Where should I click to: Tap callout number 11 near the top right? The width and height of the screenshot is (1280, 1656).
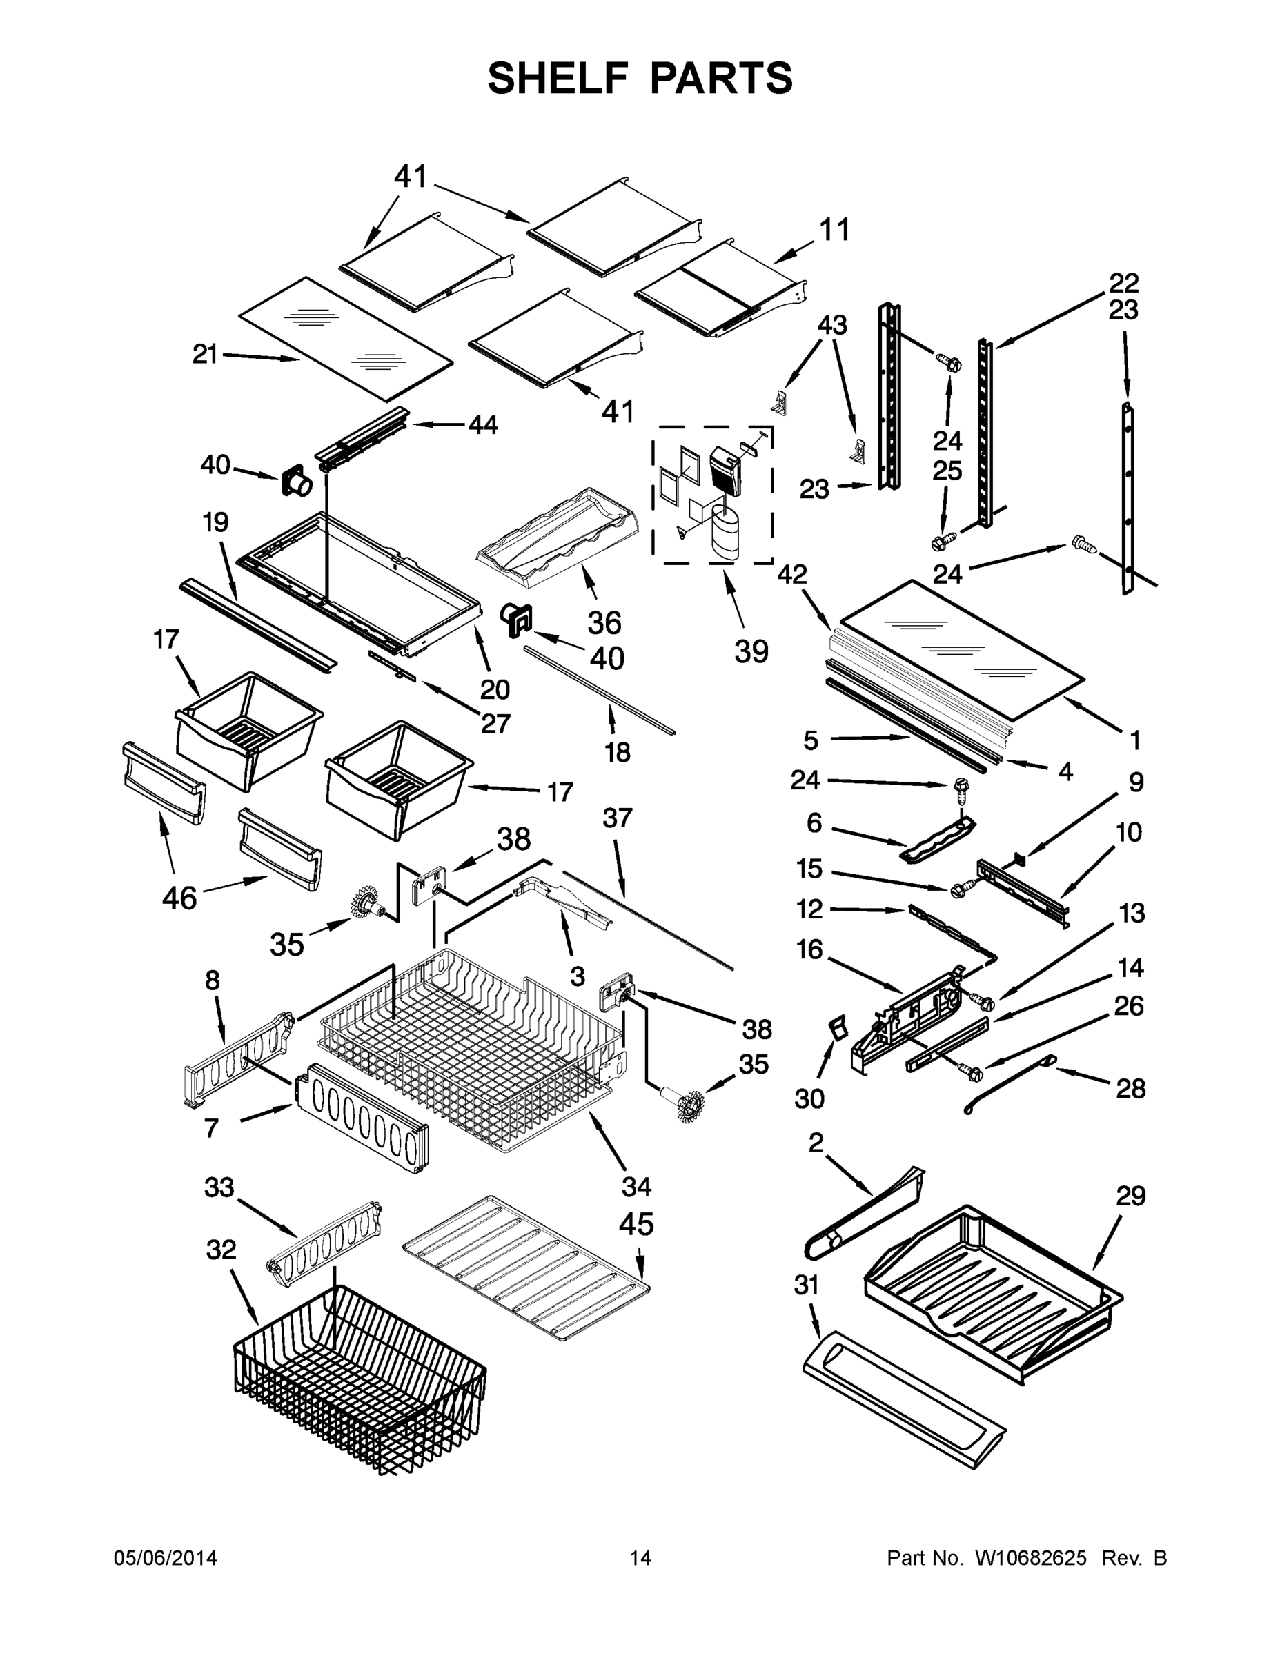point(835,230)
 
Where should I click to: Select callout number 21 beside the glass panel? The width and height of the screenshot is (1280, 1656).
point(205,354)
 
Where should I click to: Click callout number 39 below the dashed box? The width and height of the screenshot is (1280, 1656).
point(751,651)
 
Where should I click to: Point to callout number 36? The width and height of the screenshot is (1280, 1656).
point(604,622)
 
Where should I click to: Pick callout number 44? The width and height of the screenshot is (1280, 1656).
point(482,424)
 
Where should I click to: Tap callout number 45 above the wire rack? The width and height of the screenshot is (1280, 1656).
point(636,1224)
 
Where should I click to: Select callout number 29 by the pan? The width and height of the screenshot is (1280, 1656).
point(1130,1196)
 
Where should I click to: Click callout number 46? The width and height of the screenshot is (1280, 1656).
point(179,898)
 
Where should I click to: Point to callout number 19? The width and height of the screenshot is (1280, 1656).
point(215,522)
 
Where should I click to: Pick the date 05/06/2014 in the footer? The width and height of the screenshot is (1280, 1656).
point(166,1558)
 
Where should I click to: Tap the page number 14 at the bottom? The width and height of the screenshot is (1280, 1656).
point(640,1558)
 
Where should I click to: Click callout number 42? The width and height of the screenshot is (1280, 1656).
point(791,575)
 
